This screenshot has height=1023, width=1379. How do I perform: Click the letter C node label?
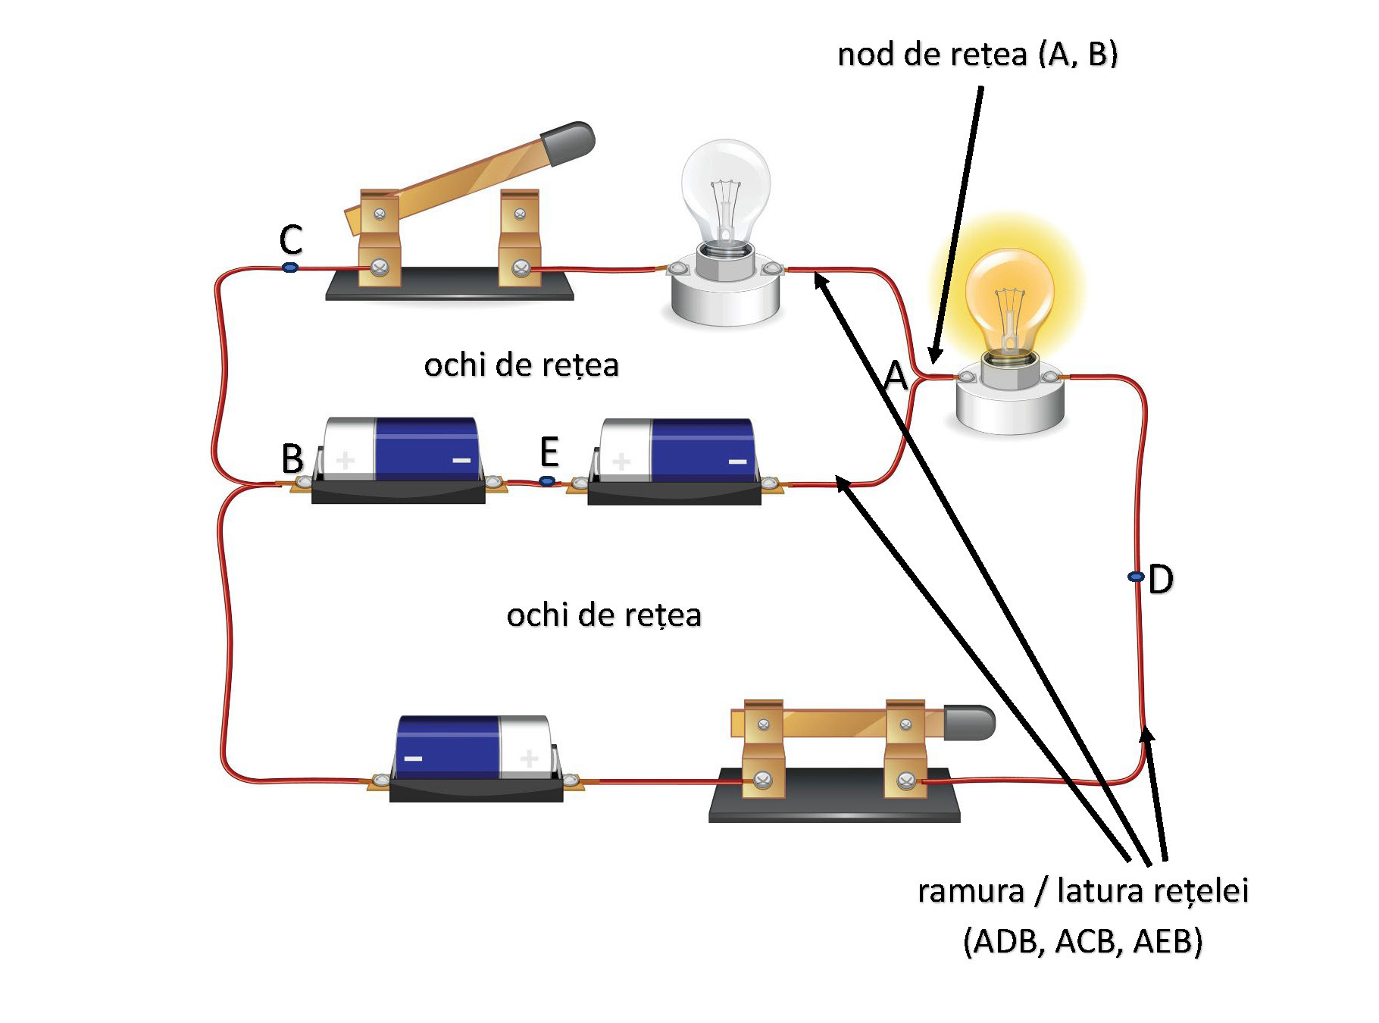(291, 240)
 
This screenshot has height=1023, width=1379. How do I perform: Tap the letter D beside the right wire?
(1161, 580)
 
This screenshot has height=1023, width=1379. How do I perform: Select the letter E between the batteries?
(549, 452)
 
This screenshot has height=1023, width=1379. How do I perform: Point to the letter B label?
(292, 458)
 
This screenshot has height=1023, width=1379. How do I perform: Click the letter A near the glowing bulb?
(896, 375)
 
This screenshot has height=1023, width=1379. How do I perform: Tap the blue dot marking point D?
(1136, 577)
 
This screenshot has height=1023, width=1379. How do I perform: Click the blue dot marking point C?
(289, 267)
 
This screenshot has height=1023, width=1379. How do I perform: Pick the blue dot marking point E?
(547, 480)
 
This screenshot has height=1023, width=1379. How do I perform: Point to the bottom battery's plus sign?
(529, 758)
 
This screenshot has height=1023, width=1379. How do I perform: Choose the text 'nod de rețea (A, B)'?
(977, 55)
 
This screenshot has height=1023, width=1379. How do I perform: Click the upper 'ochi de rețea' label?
(521, 365)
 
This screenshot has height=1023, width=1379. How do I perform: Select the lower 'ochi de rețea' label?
(604, 615)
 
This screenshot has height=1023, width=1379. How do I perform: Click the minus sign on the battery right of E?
(737, 461)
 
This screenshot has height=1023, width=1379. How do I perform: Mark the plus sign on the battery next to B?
(346, 460)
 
